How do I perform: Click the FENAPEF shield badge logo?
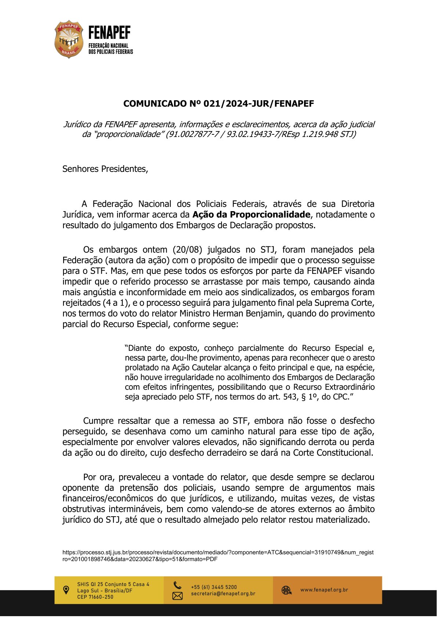tap(69, 39)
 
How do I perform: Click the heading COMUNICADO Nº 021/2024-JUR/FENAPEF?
tap(219, 104)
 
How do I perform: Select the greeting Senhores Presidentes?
tap(105, 169)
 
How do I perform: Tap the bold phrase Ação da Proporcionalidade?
tap(252, 214)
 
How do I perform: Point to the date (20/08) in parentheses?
tap(188, 250)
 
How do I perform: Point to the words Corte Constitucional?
tap(333, 453)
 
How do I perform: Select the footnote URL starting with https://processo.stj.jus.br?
tap(218, 556)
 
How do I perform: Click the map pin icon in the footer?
tap(66, 590)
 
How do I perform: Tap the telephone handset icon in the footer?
tap(177, 585)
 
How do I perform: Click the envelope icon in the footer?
tap(177, 596)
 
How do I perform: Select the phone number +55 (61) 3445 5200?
tap(214, 587)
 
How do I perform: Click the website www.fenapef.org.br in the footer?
tap(324, 590)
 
